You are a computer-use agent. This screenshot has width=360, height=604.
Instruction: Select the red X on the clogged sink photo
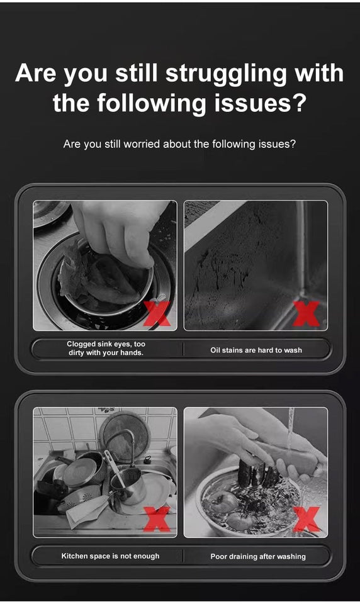(156, 313)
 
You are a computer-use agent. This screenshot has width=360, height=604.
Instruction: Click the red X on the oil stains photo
(307, 313)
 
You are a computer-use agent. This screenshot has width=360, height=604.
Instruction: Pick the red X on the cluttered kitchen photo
(157, 519)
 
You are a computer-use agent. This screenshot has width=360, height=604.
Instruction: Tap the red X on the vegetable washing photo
(307, 519)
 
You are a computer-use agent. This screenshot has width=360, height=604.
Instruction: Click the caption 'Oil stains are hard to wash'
(256, 350)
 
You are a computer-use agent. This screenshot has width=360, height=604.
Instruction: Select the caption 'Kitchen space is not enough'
(110, 556)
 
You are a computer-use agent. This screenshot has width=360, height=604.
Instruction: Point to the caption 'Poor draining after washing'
(257, 556)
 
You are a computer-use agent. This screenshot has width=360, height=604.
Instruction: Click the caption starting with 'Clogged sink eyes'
(106, 349)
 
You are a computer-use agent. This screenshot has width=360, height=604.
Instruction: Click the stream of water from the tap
(290, 428)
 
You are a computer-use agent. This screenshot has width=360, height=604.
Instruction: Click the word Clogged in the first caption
(81, 344)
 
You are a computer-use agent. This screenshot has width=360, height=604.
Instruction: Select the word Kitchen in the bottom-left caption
(75, 556)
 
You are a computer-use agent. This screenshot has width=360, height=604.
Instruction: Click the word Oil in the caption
(216, 350)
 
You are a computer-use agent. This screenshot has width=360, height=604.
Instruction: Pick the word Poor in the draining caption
(219, 556)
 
